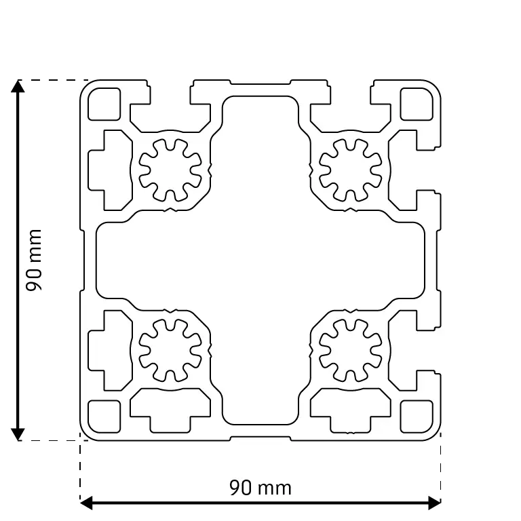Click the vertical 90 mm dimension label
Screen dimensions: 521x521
coord(34,260)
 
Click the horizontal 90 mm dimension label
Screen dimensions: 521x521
coord(260,488)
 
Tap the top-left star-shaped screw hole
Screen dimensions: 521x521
coord(170,170)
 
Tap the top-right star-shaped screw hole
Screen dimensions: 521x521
coord(351,170)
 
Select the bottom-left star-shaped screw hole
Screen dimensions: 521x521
coord(170,350)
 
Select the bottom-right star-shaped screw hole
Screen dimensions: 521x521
coord(351,350)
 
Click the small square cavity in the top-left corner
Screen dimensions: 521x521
coord(104,104)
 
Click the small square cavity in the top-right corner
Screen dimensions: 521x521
coord(417,104)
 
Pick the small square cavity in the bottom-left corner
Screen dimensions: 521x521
coord(104,416)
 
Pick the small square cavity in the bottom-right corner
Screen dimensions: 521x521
coord(417,416)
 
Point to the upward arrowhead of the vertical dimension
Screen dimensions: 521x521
coord(18,86)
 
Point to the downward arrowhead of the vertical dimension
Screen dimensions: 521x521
coord(18,434)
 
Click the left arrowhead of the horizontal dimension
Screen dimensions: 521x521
coord(86,503)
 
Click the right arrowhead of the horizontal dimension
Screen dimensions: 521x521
coord(435,503)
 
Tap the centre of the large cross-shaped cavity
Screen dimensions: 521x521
coord(260,260)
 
